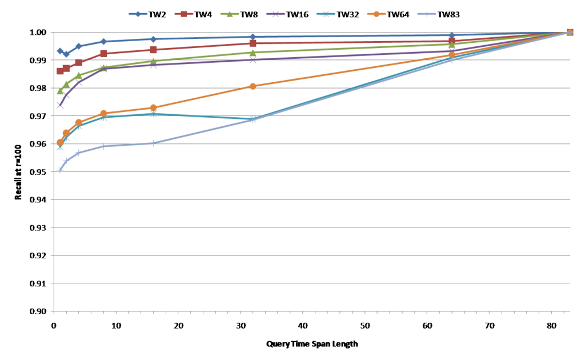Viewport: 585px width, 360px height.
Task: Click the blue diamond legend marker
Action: coord(138,14)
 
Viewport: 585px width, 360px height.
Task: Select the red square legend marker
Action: coord(184,14)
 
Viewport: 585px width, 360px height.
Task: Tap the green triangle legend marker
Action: coord(230,14)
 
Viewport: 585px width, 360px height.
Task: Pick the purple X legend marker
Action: coord(276,14)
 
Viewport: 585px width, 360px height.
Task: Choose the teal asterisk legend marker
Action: coord(326,14)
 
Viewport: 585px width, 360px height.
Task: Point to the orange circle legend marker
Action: coord(376,14)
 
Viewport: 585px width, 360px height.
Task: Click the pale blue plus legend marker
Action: coord(427,14)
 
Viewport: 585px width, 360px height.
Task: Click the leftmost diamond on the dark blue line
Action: coord(60,51)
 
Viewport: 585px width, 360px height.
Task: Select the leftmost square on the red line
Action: coord(60,71)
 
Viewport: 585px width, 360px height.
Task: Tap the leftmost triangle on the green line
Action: coord(60,91)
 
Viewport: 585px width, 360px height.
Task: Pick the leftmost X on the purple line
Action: coord(60,105)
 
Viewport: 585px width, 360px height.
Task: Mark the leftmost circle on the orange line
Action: coord(60,142)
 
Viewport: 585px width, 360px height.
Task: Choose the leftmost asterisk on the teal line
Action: coord(60,147)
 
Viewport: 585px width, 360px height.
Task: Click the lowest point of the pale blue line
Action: coord(60,170)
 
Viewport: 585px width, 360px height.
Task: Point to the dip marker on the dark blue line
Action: coord(66,54)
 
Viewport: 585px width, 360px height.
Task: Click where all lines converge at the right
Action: coord(570,32)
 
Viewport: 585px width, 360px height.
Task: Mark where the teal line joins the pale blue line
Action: coord(253,119)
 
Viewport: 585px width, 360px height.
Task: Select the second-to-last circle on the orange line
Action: coord(452,55)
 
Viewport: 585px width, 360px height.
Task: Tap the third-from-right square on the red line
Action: coord(253,43)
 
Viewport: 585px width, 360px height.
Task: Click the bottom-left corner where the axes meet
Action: coord(54,311)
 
